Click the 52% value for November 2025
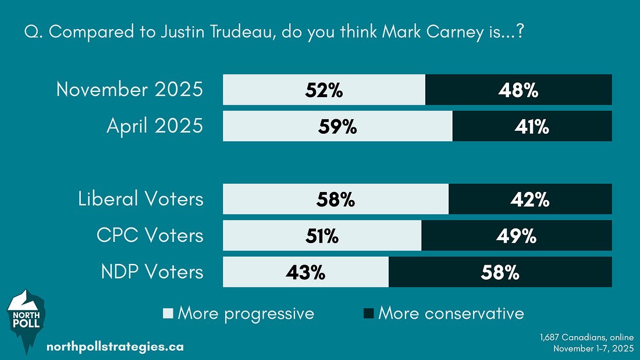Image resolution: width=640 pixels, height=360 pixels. (323, 90)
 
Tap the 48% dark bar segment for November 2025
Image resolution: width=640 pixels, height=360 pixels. (518, 90)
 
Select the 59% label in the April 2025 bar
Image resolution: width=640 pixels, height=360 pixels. (337, 127)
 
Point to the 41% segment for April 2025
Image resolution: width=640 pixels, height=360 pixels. (531, 127)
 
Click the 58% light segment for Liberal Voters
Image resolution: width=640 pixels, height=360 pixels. (335, 199)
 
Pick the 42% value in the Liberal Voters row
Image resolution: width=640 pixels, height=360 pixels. (529, 199)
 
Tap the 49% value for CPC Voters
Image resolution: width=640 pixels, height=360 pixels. (516, 236)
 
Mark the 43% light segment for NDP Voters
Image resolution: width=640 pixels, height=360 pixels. (305, 272)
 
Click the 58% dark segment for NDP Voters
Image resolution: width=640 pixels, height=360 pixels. (500, 272)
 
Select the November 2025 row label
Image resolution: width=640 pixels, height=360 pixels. (130, 90)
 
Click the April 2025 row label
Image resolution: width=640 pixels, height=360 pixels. (155, 127)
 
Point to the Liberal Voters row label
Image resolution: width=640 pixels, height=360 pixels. (141, 199)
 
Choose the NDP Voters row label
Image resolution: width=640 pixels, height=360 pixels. (149, 272)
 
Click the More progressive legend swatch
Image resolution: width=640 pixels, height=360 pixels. (169, 314)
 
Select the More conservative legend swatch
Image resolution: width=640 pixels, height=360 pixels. (368, 314)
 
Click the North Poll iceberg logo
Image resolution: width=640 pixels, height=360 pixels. (24, 320)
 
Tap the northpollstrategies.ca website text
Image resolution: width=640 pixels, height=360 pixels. (115, 347)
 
